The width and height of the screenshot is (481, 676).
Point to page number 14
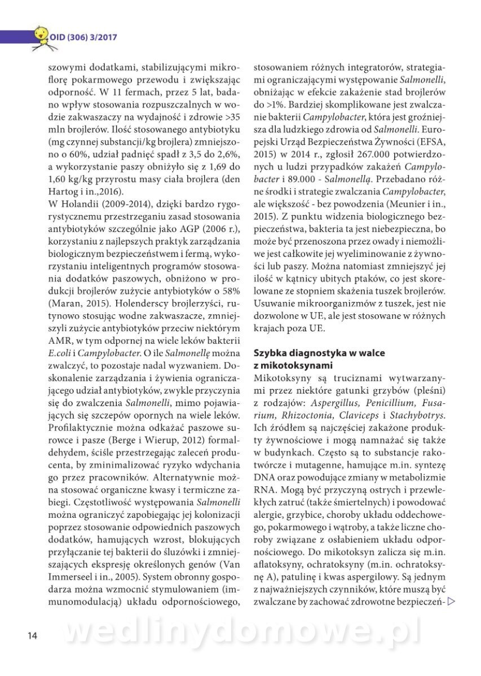32,636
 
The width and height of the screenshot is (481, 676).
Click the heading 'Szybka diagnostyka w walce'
319,353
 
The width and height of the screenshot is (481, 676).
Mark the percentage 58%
232,290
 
